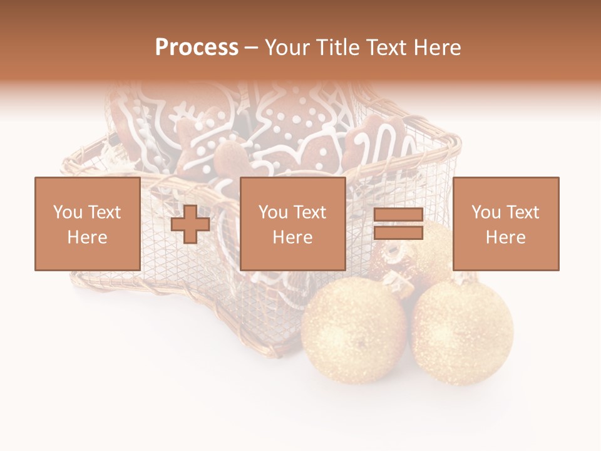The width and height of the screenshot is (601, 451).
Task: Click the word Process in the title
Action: [x=197, y=48]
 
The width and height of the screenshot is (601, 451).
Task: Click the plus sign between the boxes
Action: [x=190, y=224]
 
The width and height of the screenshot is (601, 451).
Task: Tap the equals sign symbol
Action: [x=398, y=224]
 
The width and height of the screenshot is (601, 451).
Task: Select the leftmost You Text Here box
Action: [x=87, y=224]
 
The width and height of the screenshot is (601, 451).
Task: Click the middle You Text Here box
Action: [x=292, y=224]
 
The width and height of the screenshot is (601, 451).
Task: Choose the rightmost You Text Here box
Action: [x=505, y=224]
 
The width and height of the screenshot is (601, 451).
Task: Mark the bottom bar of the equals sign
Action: [x=398, y=232]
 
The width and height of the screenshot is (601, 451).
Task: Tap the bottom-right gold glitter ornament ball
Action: [x=463, y=331]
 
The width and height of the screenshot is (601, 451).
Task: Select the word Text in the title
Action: [x=384, y=48]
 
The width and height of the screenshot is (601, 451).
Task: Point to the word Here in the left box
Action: [x=87, y=237]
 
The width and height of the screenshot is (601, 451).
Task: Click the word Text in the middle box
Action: [x=310, y=212]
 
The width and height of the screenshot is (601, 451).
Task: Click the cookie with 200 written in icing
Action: [x=382, y=147]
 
